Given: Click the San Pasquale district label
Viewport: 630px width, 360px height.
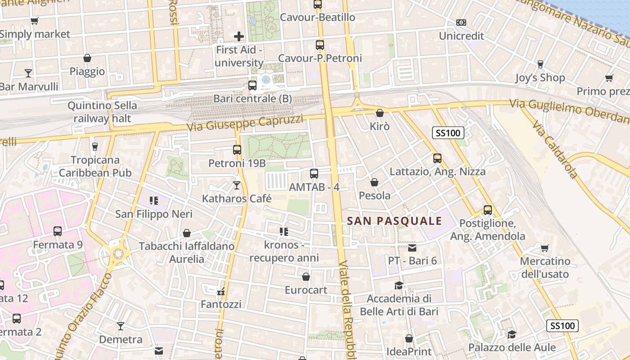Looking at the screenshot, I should (394, 221).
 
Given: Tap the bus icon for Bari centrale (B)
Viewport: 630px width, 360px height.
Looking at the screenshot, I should (252, 85).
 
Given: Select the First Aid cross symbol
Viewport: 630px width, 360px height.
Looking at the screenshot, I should (239, 36).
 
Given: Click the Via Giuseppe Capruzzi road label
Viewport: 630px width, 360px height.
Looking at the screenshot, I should (245, 122).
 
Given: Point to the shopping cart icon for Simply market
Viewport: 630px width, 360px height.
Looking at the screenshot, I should (34, 21).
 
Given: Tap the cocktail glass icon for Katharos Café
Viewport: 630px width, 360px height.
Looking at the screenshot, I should (237, 185).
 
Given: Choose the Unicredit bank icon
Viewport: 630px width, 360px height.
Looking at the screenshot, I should (461, 22).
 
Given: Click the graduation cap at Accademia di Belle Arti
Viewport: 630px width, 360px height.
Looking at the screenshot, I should (399, 285).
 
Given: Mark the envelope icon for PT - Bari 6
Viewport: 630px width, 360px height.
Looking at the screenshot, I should (412, 247).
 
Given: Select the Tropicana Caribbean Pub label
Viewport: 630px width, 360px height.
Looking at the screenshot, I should (95, 166).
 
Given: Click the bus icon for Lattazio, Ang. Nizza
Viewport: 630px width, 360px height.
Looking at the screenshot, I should (437, 158).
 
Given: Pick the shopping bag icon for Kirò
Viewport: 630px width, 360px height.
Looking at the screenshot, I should (380, 113).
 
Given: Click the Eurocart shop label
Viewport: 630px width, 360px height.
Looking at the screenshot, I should (306, 290).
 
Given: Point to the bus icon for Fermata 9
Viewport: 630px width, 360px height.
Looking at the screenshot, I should (58, 231).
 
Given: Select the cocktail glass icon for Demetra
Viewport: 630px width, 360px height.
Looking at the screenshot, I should (121, 326).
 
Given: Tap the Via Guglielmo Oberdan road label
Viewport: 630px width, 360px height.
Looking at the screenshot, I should (569, 111).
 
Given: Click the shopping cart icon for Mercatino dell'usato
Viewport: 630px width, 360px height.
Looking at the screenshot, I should (544, 248).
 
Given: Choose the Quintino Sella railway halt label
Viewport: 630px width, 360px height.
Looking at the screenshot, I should (102, 112).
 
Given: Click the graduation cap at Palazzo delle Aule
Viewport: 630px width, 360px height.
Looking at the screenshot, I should (512, 334).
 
